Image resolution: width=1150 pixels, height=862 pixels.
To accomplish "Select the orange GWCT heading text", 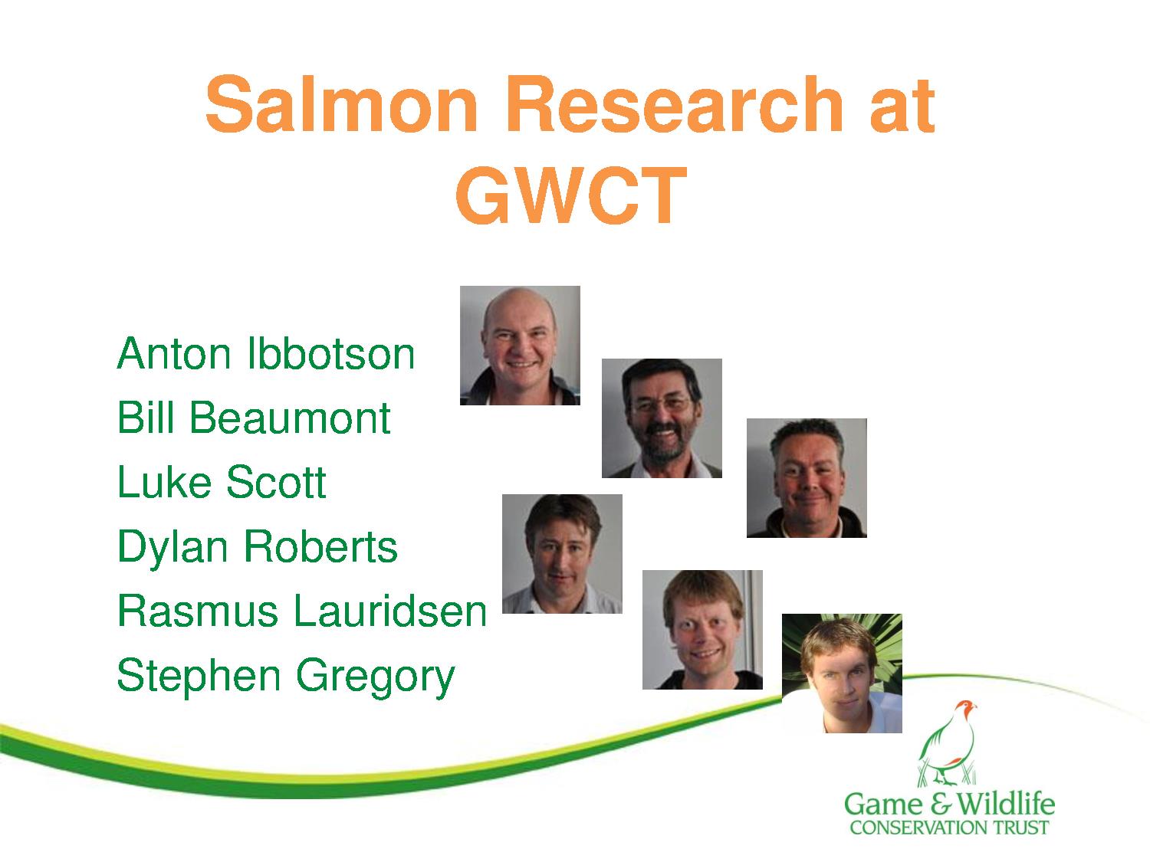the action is click(571, 195).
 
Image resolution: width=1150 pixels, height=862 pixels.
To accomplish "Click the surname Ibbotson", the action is click(330, 354).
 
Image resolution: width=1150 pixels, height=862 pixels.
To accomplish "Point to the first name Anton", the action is click(174, 354).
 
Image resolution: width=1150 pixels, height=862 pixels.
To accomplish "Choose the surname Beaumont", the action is click(290, 418).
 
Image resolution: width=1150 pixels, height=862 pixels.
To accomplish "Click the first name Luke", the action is click(164, 482).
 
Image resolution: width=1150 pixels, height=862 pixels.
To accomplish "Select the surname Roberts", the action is click(321, 546).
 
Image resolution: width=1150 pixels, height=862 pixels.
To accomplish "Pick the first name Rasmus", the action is click(198, 611).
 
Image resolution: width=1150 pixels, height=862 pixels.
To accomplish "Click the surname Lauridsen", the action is click(390, 611).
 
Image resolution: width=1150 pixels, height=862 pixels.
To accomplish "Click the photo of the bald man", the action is click(520, 345).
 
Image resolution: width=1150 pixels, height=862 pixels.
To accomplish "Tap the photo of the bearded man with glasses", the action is click(662, 418).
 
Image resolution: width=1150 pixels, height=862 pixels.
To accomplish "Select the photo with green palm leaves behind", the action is click(842, 673).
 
